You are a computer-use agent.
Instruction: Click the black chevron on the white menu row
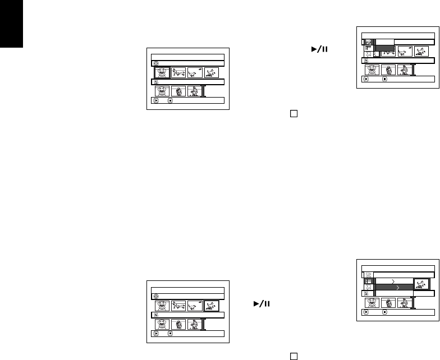(393, 279)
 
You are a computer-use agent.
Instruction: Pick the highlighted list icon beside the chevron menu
(369, 280)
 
